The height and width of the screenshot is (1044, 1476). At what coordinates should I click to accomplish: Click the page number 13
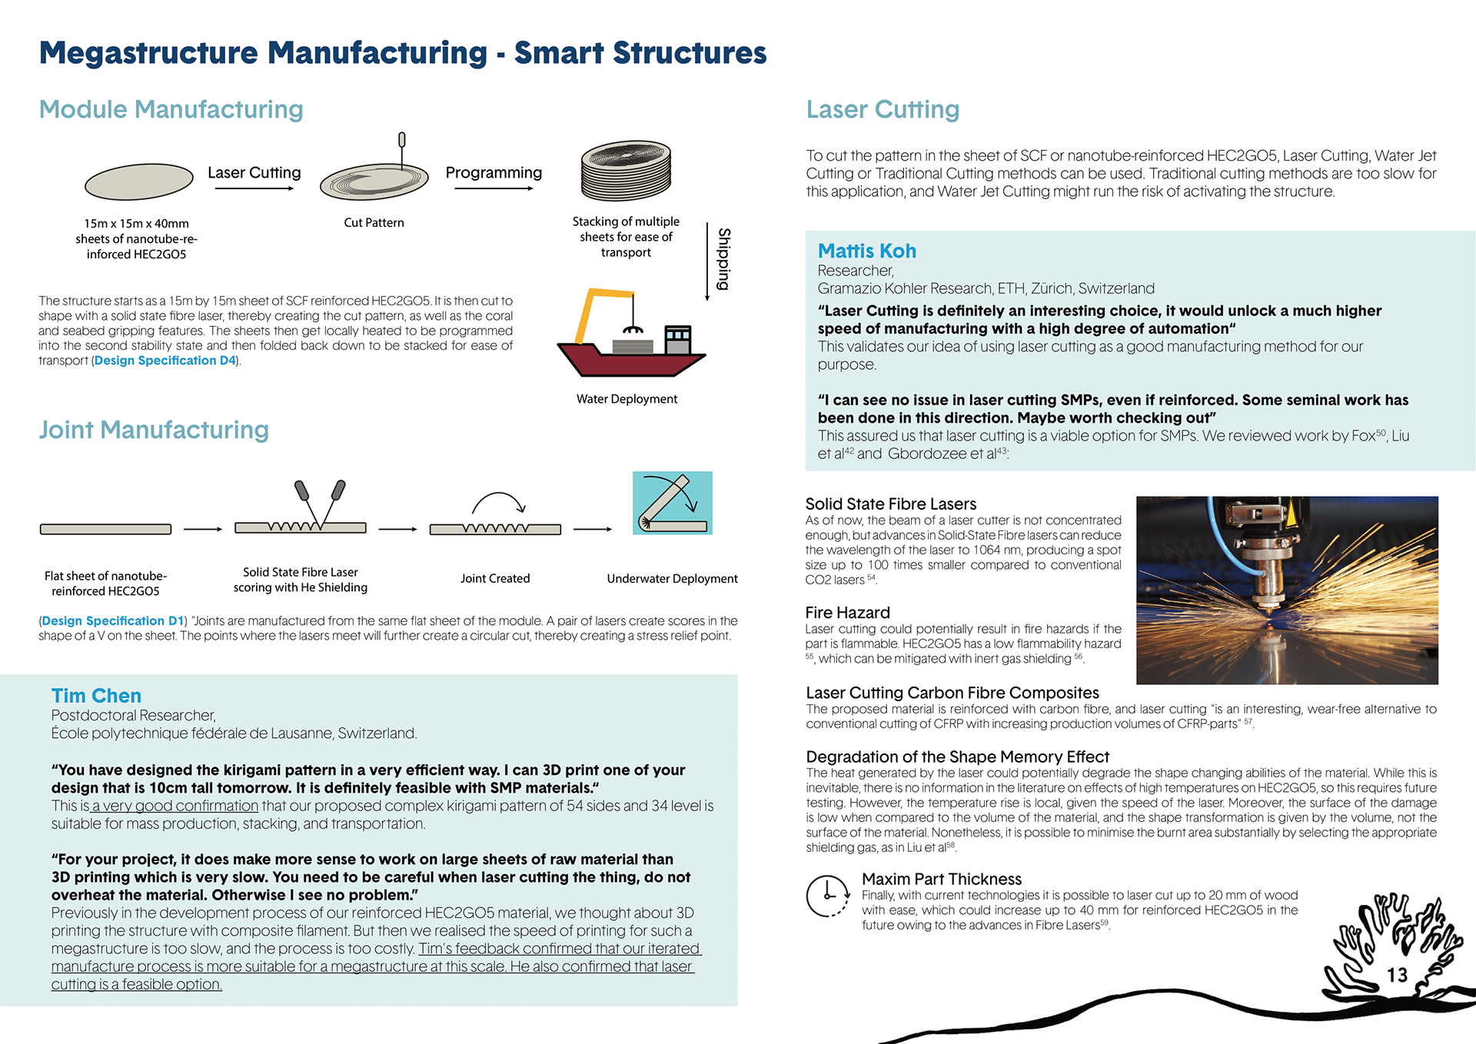[1397, 975]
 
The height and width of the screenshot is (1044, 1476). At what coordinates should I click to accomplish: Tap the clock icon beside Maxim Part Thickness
[827, 895]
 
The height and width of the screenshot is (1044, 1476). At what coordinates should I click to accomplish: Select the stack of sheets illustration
[627, 170]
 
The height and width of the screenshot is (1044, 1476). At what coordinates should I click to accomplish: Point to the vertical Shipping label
[723, 259]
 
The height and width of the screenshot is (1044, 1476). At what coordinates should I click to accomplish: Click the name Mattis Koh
[866, 251]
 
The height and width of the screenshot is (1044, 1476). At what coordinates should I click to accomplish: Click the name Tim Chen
[96, 696]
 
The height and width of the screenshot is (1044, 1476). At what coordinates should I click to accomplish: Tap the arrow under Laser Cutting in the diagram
[254, 188]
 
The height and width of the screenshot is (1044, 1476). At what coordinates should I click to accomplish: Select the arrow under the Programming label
[494, 188]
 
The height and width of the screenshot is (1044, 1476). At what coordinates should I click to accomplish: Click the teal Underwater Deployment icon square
[672, 503]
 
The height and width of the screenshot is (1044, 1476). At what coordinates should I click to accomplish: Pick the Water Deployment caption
[627, 399]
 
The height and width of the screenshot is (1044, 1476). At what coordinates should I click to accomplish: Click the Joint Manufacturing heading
[154, 430]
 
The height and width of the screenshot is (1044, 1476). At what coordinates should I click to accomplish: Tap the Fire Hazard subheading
[847, 613]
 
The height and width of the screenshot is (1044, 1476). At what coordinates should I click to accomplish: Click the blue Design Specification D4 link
[165, 361]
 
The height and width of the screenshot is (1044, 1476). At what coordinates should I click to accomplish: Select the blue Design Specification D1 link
[113, 621]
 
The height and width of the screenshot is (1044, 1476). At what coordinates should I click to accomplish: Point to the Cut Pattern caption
[374, 223]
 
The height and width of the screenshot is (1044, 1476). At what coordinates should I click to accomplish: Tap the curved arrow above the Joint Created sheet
[498, 503]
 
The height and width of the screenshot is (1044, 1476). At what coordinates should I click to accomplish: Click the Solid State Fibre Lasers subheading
[890, 504]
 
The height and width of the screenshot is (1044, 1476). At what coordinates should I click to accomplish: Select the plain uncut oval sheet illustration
[138, 181]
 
